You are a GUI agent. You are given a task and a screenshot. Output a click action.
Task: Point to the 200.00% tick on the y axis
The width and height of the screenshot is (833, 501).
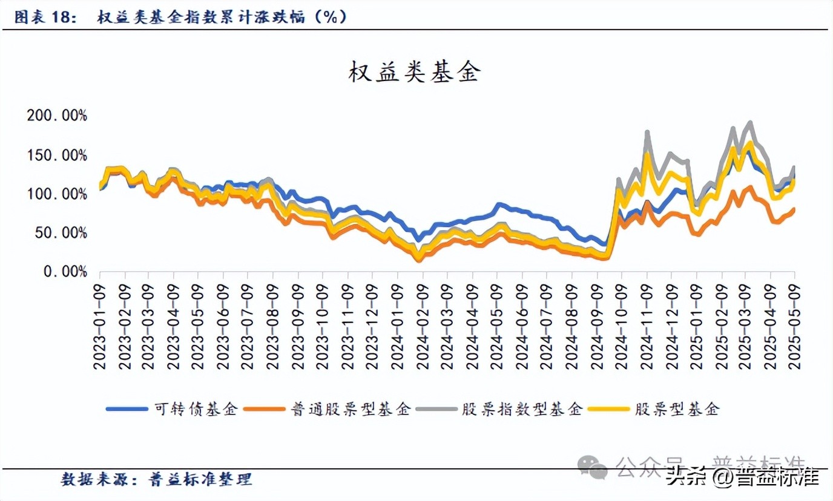pos(57,116)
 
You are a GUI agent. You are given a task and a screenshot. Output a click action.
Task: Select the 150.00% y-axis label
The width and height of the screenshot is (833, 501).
pos(57,155)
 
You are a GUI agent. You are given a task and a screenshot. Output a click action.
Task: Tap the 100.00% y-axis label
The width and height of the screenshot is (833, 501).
pos(57,194)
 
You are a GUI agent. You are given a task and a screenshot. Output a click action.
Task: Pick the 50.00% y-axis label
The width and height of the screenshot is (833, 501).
pos(61,233)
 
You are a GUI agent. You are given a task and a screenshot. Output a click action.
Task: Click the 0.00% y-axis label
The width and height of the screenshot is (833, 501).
pos(64,272)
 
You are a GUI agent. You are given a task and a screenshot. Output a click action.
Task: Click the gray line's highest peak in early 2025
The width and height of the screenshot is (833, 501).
pos(751,123)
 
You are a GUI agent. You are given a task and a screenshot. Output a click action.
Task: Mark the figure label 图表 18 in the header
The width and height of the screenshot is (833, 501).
pos(46,18)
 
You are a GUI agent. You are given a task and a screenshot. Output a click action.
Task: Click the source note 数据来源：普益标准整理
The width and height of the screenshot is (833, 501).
pos(157,480)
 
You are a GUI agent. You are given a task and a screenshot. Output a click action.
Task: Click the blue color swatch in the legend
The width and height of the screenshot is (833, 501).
pos(127,409)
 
